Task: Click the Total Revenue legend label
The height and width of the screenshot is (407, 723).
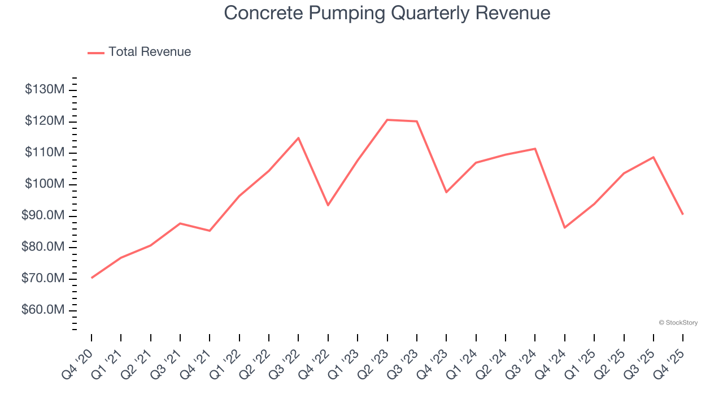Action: (150, 52)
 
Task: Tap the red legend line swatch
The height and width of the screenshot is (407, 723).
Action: (96, 53)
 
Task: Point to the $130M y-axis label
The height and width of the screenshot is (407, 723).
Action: (45, 90)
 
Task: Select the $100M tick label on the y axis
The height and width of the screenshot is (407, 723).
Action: (45, 184)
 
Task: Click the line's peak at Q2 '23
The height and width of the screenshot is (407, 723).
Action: (387, 120)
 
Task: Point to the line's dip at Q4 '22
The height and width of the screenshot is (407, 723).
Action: (328, 205)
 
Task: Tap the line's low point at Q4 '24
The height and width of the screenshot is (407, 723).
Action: (565, 228)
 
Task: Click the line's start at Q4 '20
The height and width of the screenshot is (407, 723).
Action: (92, 278)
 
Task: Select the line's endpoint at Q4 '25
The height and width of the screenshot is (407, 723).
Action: (683, 214)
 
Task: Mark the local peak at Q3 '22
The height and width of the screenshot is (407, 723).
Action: (298, 138)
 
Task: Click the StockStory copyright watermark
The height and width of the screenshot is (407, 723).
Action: (678, 323)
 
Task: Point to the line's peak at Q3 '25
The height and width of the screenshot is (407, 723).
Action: (654, 157)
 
